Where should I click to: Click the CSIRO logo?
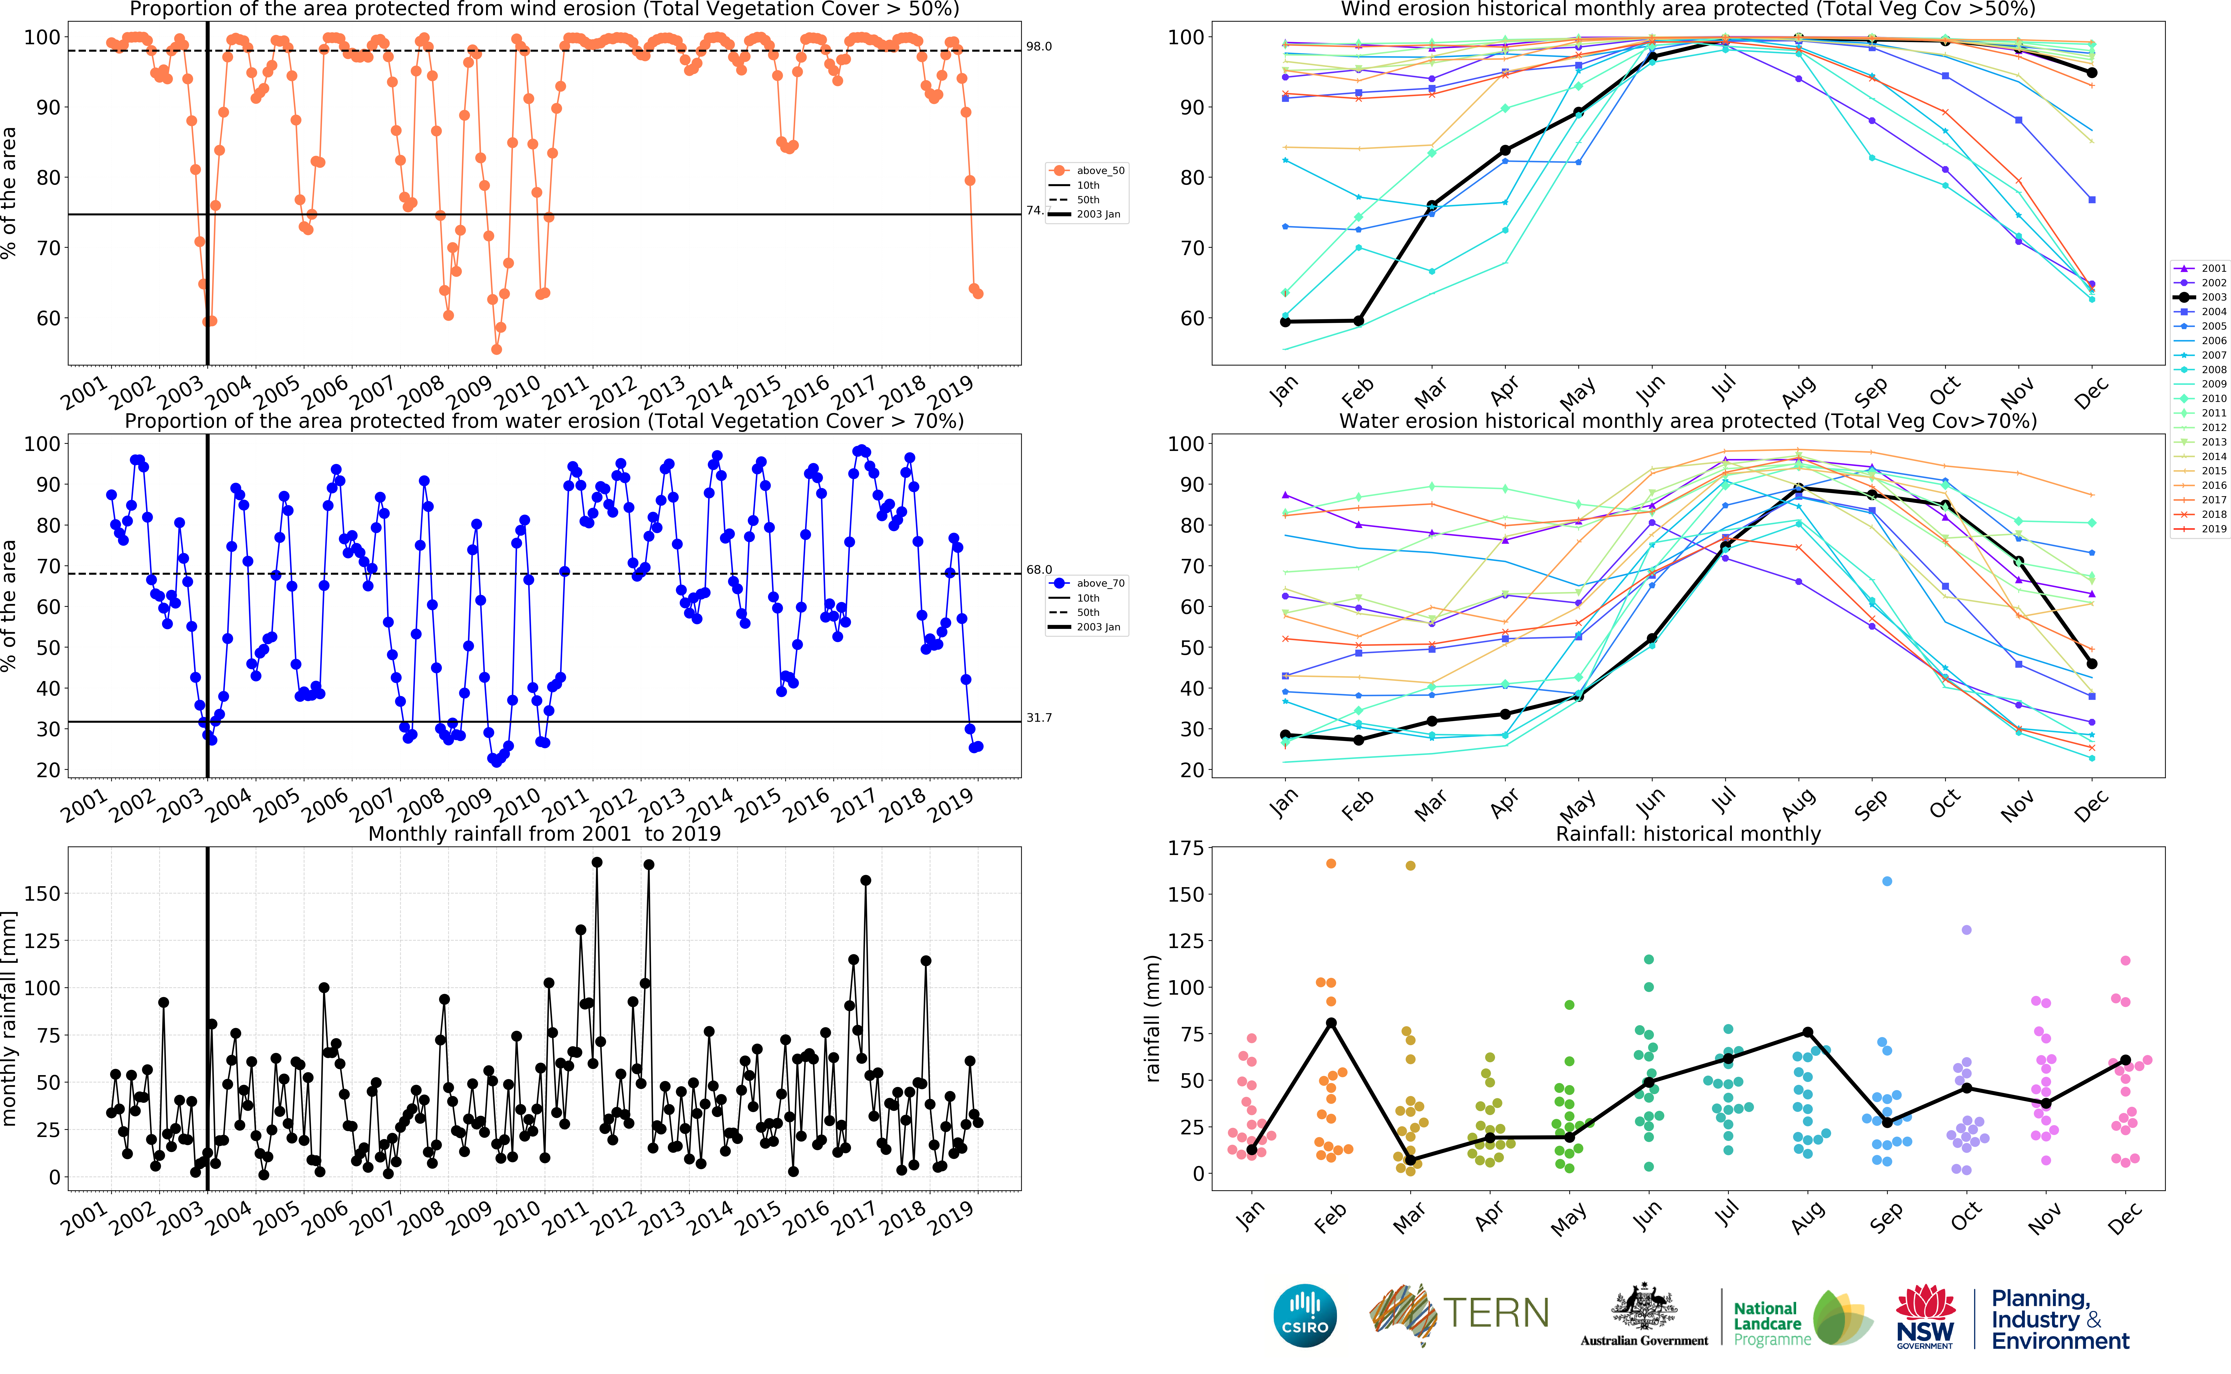pyautogui.click(x=1305, y=1315)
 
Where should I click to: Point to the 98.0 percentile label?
pyautogui.click(x=1039, y=46)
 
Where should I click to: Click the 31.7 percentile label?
pyautogui.click(x=1039, y=718)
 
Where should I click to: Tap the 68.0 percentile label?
pyautogui.click(x=1039, y=570)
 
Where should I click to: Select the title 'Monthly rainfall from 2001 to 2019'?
pyautogui.click(x=544, y=833)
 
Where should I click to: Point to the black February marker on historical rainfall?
pyautogui.click(x=1331, y=1023)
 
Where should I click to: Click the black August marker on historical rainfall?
pyautogui.click(x=1808, y=1032)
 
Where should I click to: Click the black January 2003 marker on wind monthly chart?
pyautogui.click(x=1285, y=322)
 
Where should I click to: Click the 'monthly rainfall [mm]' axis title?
pyautogui.click(x=10, y=1018)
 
